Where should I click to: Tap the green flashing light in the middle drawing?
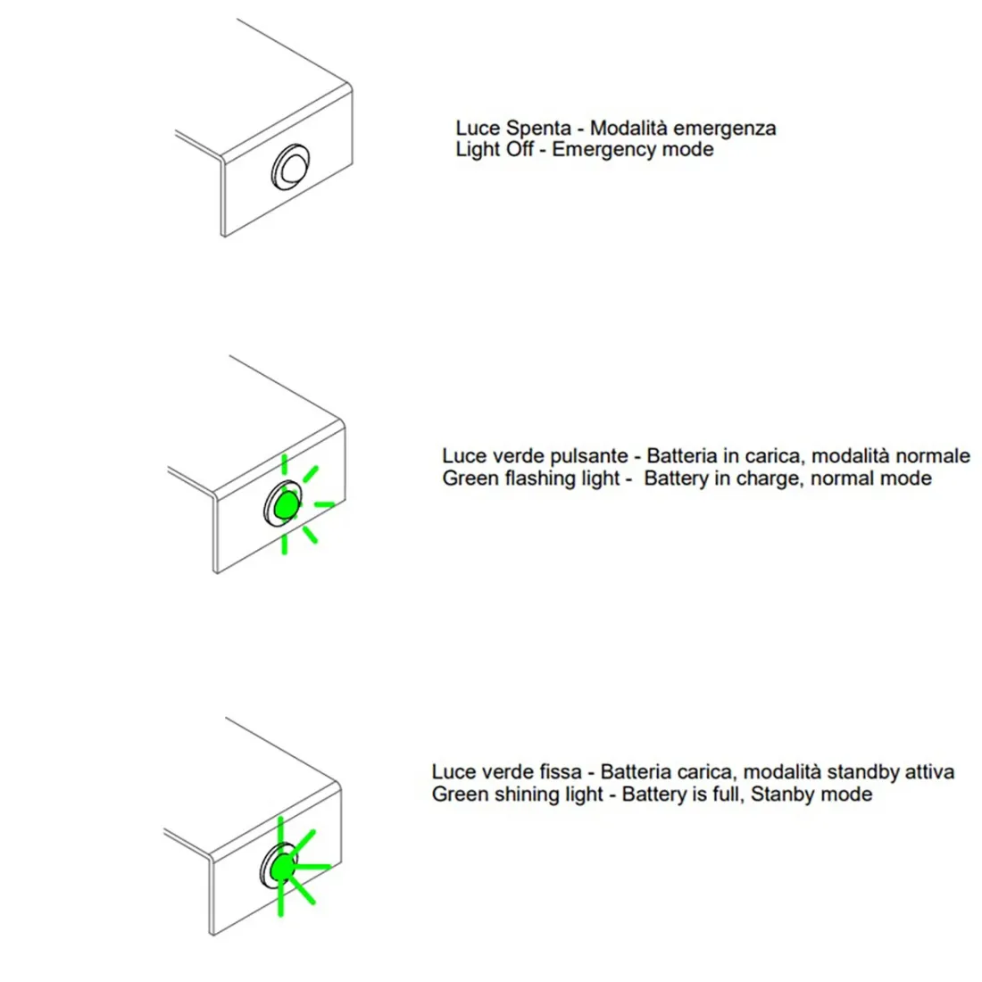286,505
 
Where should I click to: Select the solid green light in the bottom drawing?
283,867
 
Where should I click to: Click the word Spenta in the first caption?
537,129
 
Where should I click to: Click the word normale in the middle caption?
931,457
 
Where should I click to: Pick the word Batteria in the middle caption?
682,457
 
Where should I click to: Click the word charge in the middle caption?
780,479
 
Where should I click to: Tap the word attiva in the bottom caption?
928,772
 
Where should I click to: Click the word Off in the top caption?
519,150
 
